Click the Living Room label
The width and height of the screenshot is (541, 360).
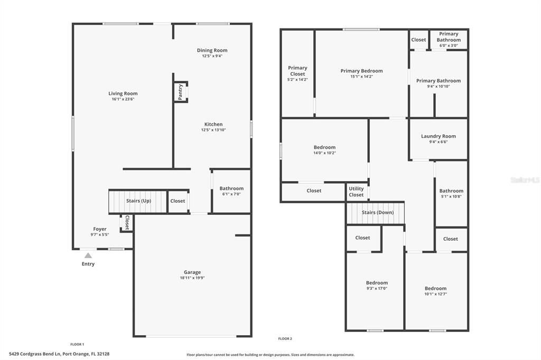(123, 93)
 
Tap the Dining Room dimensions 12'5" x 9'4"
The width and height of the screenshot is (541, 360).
(212, 56)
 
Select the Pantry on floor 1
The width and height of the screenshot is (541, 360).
(181, 92)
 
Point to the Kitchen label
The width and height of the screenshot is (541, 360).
(213, 125)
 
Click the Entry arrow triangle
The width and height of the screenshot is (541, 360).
(88, 255)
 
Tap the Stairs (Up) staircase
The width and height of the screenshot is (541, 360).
(138, 201)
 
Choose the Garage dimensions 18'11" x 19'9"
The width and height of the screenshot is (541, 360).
(192, 278)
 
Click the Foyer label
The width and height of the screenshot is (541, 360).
(99, 229)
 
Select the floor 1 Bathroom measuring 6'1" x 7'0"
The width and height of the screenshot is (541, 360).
(231, 191)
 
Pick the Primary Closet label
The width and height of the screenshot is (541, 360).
(297, 71)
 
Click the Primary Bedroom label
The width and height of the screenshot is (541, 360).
(361, 71)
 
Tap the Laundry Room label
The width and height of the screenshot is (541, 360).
(438, 136)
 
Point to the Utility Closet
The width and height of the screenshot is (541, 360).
(356, 192)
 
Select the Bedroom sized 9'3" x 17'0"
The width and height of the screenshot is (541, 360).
(377, 286)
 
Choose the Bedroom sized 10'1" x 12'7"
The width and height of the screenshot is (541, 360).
(435, 291)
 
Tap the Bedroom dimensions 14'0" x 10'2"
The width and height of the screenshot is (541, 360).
(324, 153)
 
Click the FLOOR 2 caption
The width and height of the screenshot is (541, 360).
(285, 339)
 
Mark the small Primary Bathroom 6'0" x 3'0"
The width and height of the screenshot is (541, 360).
(449, 40)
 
